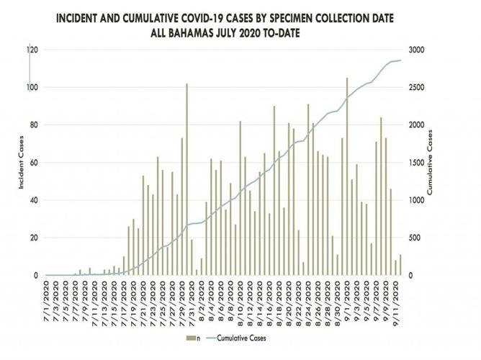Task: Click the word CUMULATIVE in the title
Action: click(x=210, y=18)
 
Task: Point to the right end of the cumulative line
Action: click(x=401, y=60)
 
